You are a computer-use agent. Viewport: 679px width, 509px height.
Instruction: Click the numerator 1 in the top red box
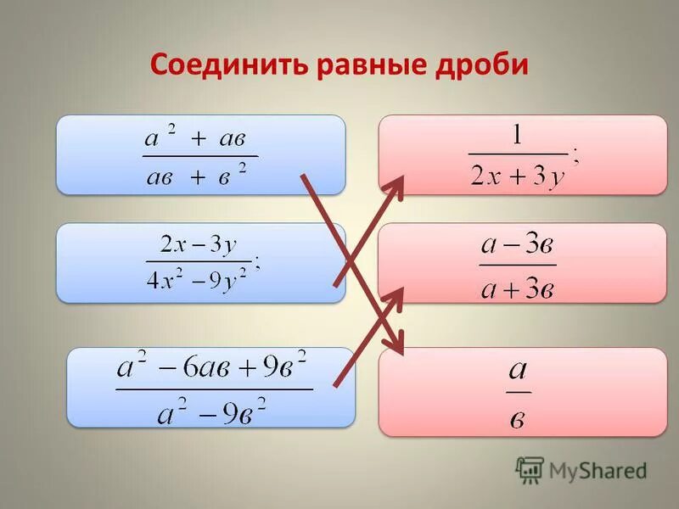pyautogui.click(x=517, y=136)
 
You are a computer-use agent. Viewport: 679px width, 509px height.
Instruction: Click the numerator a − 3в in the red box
pyautogui.click(x=517, y=246)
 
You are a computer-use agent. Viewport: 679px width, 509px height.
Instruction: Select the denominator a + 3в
pyautogui.click(x=517, y=288)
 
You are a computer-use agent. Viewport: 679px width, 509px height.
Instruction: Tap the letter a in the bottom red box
pyautogui.click(x=518, y=370)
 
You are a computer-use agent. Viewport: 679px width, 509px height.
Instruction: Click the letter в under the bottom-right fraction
pyautogui.click(x=519, y=419)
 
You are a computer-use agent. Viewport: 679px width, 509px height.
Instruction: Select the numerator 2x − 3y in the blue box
pyautogui.click(x=199, y=245)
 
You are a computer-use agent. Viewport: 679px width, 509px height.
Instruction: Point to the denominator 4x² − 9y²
pyautogui.click(x=197, y=280)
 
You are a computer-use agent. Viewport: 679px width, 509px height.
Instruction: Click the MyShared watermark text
pyautogui.click(x=597, y=469)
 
